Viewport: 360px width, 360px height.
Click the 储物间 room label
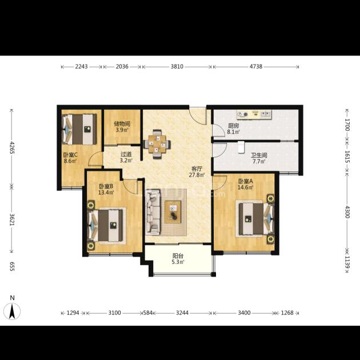coord(122,124)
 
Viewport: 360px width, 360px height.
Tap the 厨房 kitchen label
coord(234,126)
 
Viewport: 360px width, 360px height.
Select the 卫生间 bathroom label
coord(259,155)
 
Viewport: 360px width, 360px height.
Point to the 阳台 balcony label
coord(178,255)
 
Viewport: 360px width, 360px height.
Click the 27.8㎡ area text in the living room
coord(197,175)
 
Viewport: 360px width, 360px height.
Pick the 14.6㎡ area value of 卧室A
coord(246,187)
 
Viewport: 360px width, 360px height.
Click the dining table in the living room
coord(157,144)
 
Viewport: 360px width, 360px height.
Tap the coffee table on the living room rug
coord(173,212)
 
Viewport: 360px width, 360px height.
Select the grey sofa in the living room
coord(153,212)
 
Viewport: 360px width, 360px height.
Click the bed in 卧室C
coord(79,129)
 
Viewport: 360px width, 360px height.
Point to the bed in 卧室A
coord(256,219)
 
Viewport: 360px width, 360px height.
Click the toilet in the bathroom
coord(241,147)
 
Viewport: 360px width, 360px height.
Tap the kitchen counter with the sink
coord(254,114)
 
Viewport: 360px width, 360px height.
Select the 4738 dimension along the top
coord(256,67)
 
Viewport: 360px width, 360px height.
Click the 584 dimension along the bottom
coord(148,313)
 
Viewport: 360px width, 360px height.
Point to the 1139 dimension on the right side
coord(347,262)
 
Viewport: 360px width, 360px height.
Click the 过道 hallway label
coord(126,154)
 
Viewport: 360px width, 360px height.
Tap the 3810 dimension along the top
coord(177,67)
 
